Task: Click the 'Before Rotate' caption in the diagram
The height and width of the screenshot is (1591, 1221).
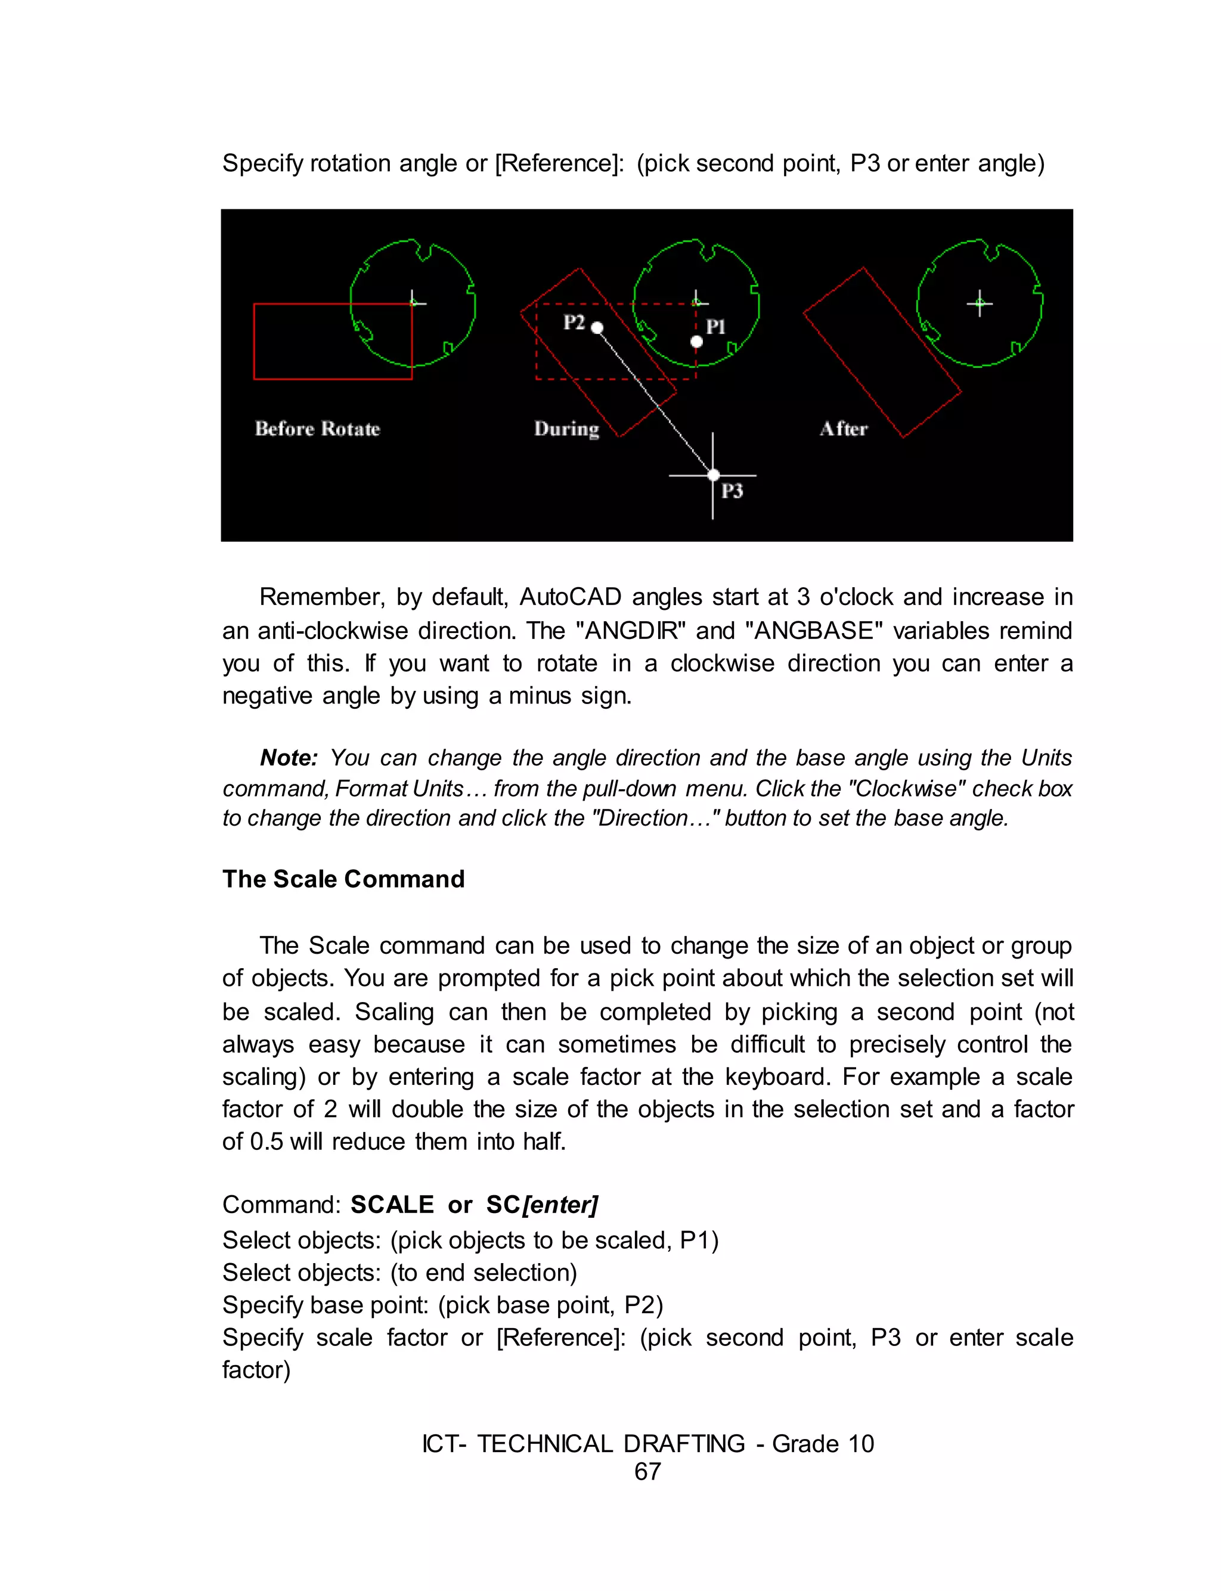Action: [x=317, y=429]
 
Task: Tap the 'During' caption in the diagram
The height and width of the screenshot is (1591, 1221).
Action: [x=566, y=429]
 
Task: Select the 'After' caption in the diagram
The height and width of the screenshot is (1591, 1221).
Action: [x=843, y=429]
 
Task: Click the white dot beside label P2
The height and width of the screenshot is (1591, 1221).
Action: [x=597, y=328]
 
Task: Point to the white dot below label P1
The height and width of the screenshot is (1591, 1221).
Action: [x=696, y=342]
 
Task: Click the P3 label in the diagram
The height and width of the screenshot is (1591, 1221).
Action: [x=732, y=492]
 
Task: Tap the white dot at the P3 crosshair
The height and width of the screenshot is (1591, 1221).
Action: [x=713, y=475]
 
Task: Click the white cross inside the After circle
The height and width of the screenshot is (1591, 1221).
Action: [x=980, y=302]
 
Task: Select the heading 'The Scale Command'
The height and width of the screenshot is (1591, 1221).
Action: [x=343, y=879]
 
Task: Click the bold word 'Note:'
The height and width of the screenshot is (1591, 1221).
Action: [x=289, y=758]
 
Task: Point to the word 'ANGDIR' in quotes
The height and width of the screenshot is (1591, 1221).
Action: [x=630, y=630]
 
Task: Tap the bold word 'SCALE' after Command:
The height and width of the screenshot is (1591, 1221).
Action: [x=392, y=1205]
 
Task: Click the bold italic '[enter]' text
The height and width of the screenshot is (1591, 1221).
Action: [x=560, y=1205]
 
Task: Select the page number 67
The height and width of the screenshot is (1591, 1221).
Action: [x=647, y=1472]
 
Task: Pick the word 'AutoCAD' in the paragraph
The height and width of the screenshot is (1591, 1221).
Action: [x=570, y=597]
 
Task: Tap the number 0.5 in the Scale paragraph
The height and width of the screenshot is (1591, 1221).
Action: [x=266, y=1142]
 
